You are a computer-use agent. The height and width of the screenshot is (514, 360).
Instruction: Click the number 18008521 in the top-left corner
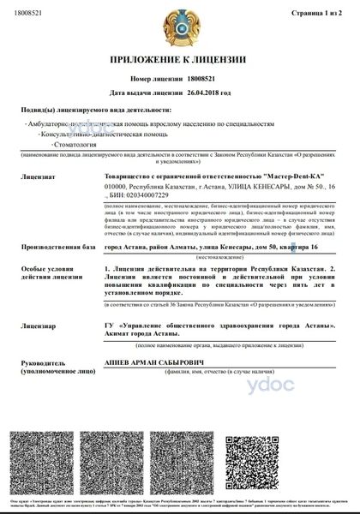[28, 14]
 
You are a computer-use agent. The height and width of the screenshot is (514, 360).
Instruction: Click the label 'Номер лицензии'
[158, 79]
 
